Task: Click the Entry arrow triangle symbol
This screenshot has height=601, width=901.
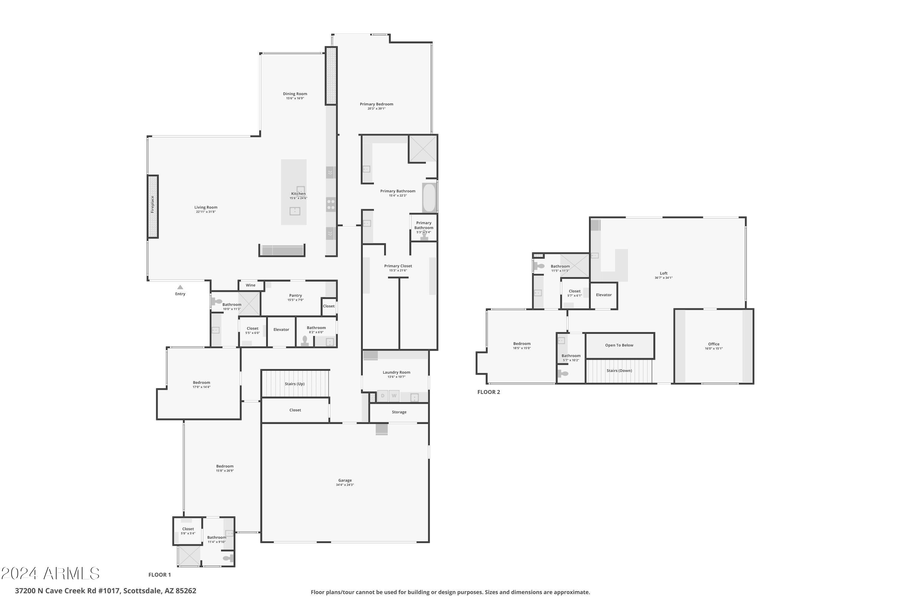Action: pos(180,287)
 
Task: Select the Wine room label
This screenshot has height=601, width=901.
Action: pos(250,285)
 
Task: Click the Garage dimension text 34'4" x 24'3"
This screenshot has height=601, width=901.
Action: pos(345,485)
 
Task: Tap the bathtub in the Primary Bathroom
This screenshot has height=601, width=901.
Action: pos(429,198)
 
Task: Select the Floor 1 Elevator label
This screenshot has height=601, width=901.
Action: pos(281,330)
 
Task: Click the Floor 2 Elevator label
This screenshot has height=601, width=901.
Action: pos(604,295)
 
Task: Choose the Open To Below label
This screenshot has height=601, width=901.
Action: pos(619,345)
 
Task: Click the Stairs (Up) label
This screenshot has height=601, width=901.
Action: pos(295,384)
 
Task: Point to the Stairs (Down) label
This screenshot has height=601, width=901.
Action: pos(619,371)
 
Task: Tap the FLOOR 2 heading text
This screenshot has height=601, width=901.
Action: pos(488,392)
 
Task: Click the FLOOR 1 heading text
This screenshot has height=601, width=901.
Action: pos(160,575)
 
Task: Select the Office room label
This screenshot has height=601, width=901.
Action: pos(714,344)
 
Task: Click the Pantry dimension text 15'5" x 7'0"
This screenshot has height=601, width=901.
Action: pos(295,300)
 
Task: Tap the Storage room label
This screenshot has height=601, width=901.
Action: pos(399,412)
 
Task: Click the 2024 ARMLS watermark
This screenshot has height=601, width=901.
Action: pos(50,574)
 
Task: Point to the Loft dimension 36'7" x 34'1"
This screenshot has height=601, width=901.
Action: pos(663,278)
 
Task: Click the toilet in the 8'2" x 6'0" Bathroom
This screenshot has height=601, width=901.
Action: pos(305,341)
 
